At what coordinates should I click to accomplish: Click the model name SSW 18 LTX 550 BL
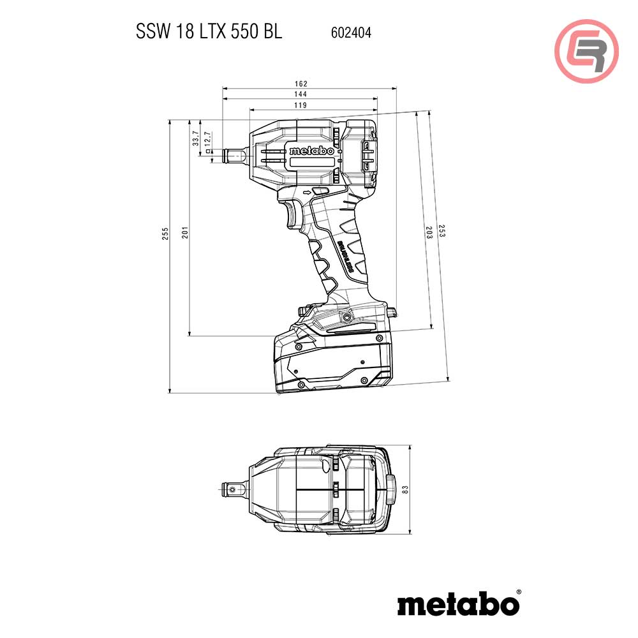(209, 32)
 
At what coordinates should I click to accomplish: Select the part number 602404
(351, 33)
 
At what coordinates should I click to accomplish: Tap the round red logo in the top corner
(586, 51)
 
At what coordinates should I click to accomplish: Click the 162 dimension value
(301, 84)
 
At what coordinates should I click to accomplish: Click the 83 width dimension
(404, 489)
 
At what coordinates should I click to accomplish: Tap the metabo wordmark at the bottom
(458, 602)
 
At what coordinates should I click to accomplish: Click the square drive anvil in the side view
(225, 155)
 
